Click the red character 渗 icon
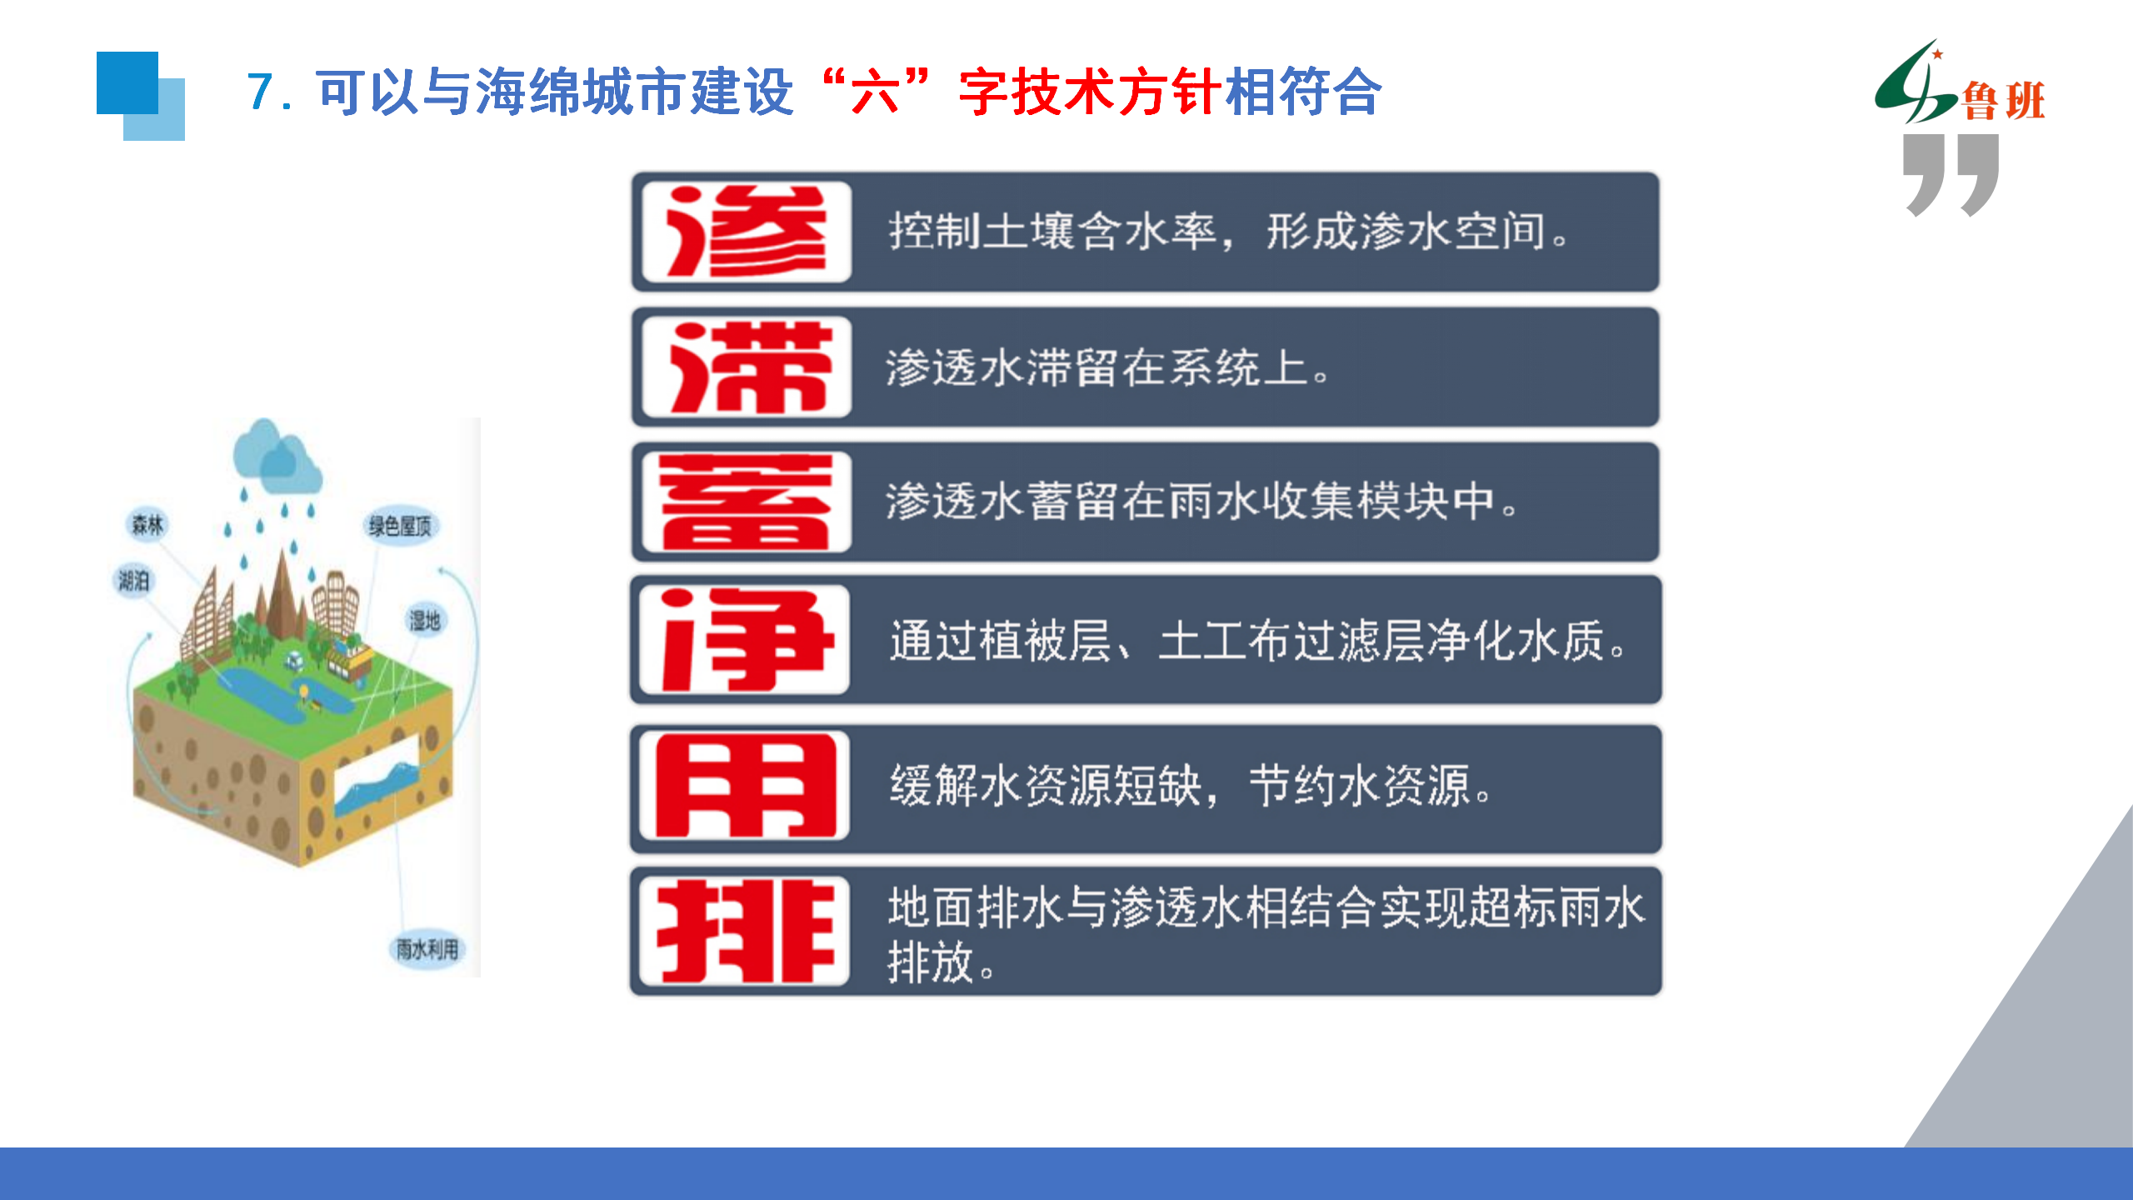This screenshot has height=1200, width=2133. coord(747,232)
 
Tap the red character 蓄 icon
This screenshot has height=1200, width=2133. coord(747,502)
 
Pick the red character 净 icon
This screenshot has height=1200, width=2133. coord(745,639)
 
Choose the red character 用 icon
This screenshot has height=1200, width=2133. coord(745,786)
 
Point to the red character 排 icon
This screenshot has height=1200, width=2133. coord(745,931)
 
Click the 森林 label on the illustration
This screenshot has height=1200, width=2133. coord(147,524)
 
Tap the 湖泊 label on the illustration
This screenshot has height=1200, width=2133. coord(133,580)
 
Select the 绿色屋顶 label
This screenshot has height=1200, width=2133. coord(400,526)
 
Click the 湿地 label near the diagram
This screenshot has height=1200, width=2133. coord(424,620)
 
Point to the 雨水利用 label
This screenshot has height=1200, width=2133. coord(427,948)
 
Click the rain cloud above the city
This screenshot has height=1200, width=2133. coord(277,456)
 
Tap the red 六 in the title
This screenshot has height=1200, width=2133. coord(874,92)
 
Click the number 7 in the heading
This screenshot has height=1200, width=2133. coord(260,92)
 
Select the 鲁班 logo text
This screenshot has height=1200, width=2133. coord(2004,102)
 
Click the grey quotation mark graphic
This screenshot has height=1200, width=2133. coord(1951,175)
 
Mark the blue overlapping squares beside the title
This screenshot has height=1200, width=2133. coord(141,96)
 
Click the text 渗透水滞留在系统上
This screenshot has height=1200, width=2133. coord(1096,367)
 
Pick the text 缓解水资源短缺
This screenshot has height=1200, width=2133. coord(1046,786)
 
